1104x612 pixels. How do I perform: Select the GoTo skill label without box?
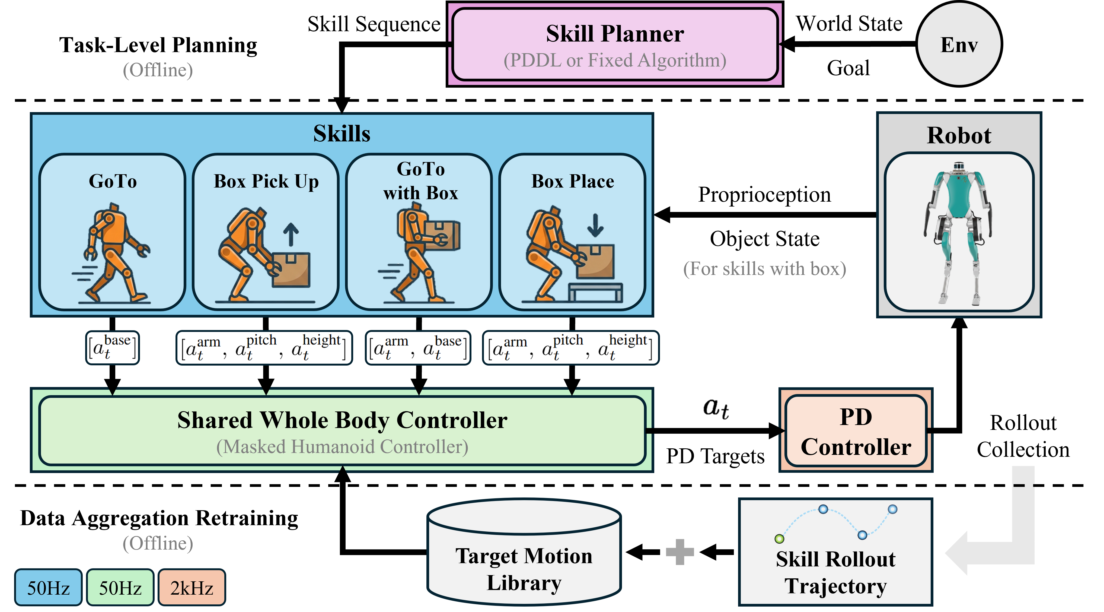pos(113,181)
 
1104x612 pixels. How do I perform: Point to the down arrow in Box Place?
pos(595,226)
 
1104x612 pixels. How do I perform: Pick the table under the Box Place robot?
pos(595,292)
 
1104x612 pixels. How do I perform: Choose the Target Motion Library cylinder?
pos(524,553)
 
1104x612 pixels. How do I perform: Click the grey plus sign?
pos(680,552)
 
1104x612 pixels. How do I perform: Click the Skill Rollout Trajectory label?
pos(836,573)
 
